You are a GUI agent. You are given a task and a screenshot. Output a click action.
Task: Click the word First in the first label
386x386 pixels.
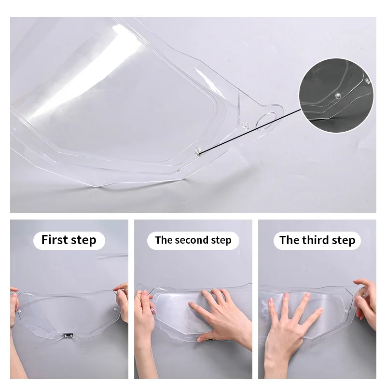pyautogui.click(x=54, y=239)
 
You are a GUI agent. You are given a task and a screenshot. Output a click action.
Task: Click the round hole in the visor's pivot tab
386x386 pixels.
pyautogui.click(x=266, y=120)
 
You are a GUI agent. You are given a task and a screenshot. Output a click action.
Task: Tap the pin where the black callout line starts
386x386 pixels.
pyautogui.click(x=198, y=152)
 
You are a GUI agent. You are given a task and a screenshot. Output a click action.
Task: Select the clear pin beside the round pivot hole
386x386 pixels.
pyautogui.click(x=245, y=125)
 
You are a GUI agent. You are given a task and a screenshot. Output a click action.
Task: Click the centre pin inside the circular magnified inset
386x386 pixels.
pyautogui.click(x=338, y=96)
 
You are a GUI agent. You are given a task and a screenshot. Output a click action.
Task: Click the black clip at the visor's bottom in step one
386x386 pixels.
pyautogui.click(x=68, y=335)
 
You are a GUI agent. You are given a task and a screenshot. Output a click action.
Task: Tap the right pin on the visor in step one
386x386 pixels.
pyautogui.click(x=115, y=309)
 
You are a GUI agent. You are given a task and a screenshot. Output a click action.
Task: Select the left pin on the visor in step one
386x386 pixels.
pyautogui.click(x=19, y=311)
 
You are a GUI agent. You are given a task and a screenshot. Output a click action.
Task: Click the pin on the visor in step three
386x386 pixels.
pyautogui.click(x=347, y=311)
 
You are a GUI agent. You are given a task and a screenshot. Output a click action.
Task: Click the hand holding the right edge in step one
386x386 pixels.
pyautogui.click(x=122, y=301)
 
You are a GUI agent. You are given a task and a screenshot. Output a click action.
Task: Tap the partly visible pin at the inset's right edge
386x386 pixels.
pyautogui.click(x=368, y=81)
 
